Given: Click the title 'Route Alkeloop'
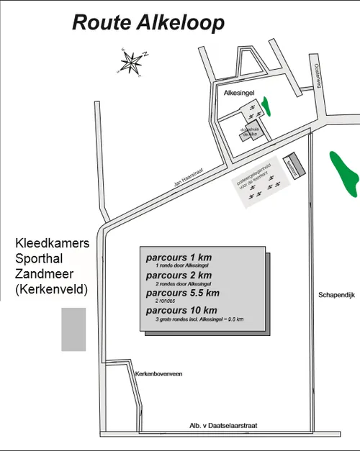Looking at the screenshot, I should click(148, 22).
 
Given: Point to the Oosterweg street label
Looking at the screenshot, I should click(316, 74).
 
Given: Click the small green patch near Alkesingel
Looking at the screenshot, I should click(267, 107).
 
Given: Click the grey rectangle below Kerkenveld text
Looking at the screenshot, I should click(73, 329).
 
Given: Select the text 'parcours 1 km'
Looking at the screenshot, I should click(178, 258).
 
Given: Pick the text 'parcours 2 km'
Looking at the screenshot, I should click(178, 275).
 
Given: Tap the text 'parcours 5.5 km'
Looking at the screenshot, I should click(182, 293).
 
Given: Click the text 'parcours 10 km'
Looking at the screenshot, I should click(180, 311).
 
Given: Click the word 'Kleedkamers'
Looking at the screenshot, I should click(52, 244).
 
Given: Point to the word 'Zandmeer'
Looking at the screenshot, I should click(44, 274).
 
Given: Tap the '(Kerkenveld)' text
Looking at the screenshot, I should click(50, 289).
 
